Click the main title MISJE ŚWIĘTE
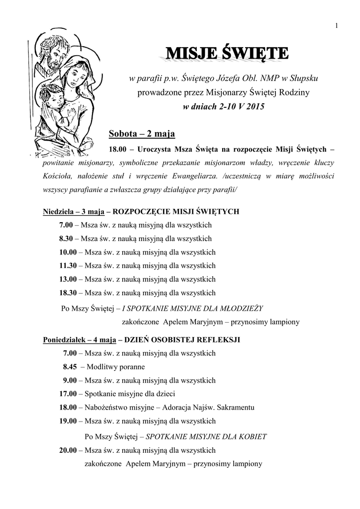coord(227,54)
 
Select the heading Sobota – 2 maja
coord(142,134)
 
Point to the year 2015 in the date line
coord(255,106)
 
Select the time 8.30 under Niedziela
coord(66,238)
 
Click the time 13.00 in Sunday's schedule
coord(68,279)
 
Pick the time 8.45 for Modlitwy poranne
coord(70,367)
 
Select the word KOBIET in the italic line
coord(252,437)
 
